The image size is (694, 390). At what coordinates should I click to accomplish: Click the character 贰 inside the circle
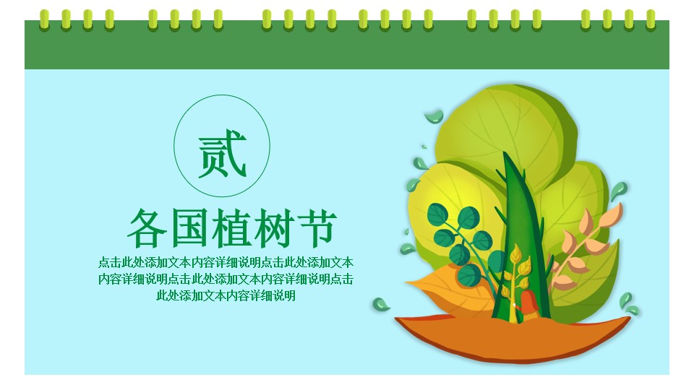[x=222, y=153]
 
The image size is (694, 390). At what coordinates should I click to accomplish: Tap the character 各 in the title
[x=147, y=228]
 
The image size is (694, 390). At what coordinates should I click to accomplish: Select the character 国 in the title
[x=189, y=228]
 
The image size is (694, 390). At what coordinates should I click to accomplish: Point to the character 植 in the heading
[x=231, y=228]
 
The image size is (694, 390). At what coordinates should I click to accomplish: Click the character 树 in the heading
[x=274, y=228]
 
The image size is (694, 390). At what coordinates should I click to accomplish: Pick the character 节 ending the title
[x=317, y=228]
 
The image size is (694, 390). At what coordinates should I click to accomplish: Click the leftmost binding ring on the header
[x=44, y=20]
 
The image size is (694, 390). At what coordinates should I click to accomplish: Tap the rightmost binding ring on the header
[x=651, y=20]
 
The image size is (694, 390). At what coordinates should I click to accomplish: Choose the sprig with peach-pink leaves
[x=584, y=248]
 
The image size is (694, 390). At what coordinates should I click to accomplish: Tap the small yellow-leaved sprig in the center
[x=514, y=274]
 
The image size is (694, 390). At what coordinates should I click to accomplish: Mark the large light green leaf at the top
[x=505, y=133]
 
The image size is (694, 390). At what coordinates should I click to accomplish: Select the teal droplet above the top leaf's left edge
[x=434, y=116]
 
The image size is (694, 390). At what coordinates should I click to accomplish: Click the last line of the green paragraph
[x=226, y=295]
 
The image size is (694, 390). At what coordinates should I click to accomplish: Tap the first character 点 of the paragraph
[x=104, y=262]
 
